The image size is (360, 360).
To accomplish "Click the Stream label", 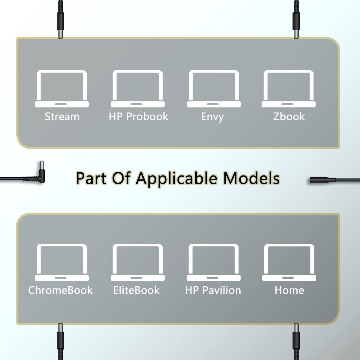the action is click(x=62, y=117).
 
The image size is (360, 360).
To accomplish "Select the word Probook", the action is click(x=147, y=117).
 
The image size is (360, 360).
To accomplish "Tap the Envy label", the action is click(x=212, y=117).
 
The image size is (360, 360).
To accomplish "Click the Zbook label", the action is click(x=289, y=117).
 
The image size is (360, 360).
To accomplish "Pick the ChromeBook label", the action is click(x=60, y=290).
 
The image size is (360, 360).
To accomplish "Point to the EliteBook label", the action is click(x=136, y=290).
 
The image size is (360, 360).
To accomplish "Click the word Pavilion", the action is click(x=222, y=290).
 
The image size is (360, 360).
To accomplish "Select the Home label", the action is click(x=289, y=290).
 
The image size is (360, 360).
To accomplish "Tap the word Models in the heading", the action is click(x=251, y=178).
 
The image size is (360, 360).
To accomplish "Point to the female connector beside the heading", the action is click(x=322, y=180).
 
